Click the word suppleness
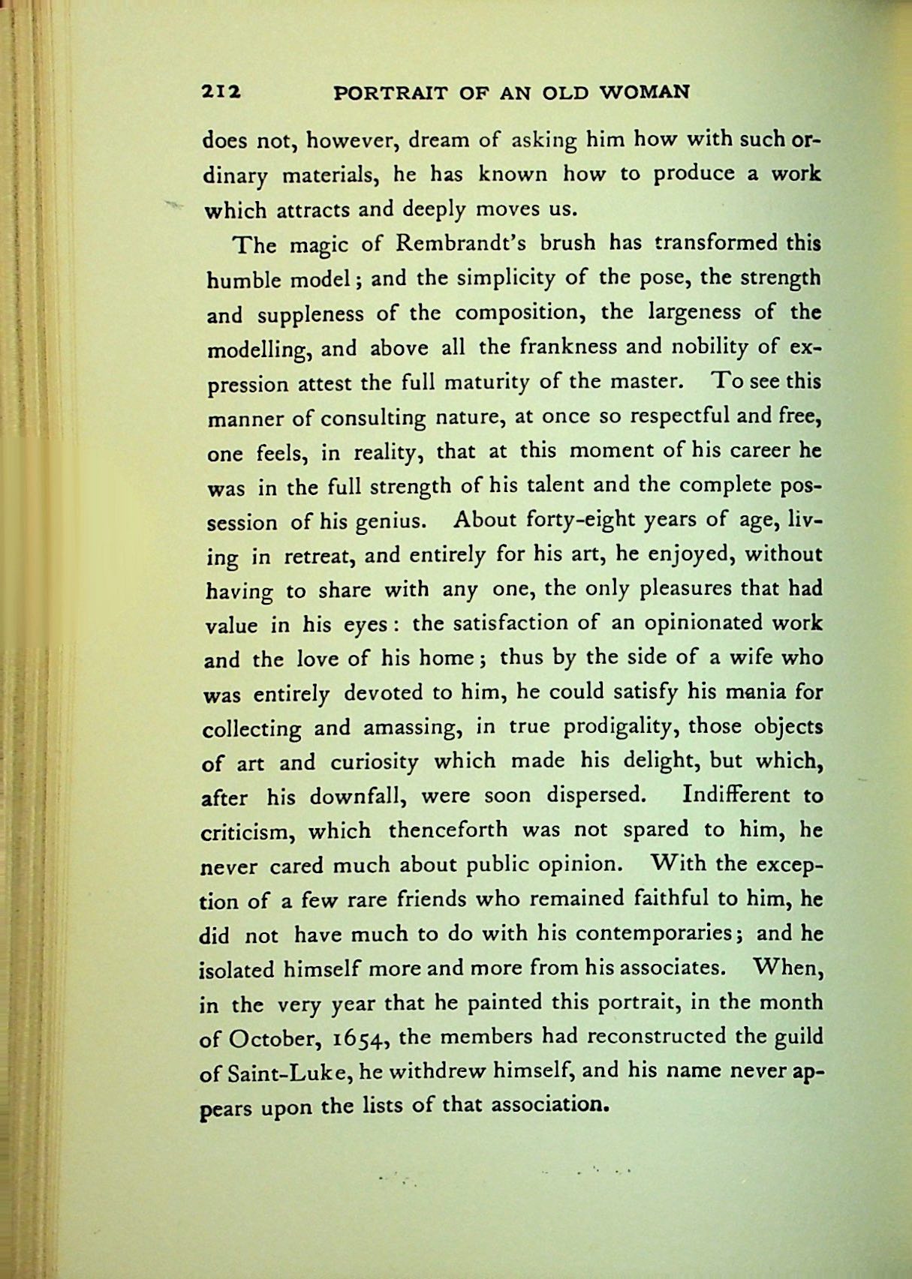point(310,314)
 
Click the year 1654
point(359,1039)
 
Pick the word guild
point(797,1037)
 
